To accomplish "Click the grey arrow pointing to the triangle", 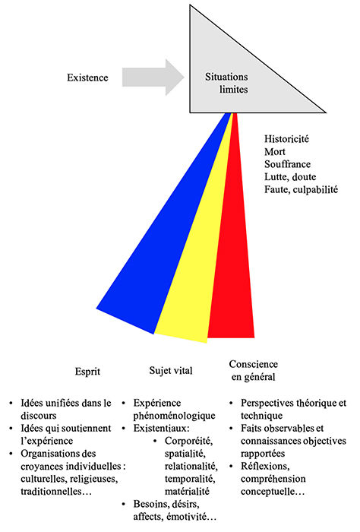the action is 153,78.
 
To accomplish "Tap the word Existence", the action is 87,78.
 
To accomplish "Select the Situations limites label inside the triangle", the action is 226,83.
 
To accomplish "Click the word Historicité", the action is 287,139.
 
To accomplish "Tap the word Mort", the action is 275,152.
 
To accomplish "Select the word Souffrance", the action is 287,164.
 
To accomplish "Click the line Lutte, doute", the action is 290,177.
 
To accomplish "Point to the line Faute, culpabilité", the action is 301,189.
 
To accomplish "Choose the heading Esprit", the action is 87,372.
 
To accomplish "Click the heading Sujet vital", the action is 171,371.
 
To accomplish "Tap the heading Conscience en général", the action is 254,371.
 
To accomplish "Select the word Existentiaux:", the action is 161,428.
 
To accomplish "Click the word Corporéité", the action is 189,441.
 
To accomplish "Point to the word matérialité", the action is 187,491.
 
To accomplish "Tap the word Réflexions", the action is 265,467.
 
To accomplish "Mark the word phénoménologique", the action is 174,416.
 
